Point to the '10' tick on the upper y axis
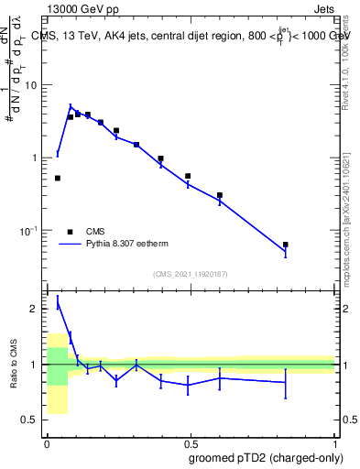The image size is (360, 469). point(33,85)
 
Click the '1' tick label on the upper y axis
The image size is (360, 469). point(37,158)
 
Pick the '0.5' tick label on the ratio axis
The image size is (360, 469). point(32,420)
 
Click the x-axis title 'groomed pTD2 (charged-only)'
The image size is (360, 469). point(266,457)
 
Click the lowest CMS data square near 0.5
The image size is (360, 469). point(58,178)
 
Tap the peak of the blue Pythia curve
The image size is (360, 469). point(71,107)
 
